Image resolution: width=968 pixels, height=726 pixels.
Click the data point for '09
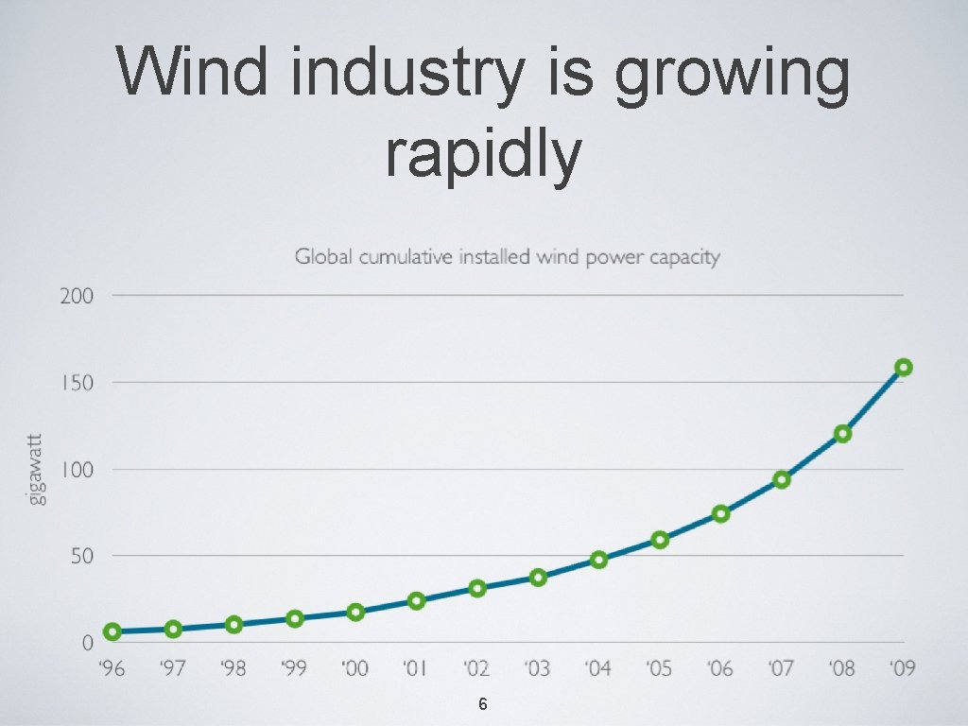(903, 368)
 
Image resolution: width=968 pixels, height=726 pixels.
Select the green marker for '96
(112, 631)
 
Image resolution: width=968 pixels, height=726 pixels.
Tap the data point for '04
(598, 560)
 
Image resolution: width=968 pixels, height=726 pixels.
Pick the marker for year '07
(781, 479)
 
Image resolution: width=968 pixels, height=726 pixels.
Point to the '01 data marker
(416, 601)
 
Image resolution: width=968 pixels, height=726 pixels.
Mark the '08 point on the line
(842, 434)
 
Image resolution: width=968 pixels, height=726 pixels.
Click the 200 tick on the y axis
(77, 296)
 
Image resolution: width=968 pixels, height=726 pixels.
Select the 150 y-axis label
(77, 383)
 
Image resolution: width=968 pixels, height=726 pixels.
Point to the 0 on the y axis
(88, 643)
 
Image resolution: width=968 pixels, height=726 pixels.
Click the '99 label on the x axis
(294, 669)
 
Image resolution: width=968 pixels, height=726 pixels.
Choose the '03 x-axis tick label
(537, 669)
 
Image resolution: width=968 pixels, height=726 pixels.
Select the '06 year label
(719, 669)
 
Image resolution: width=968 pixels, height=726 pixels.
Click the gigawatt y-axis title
(36, 469)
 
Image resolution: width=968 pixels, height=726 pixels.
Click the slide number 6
(483, 704)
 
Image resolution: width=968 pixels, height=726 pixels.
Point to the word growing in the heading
(731, 78)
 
